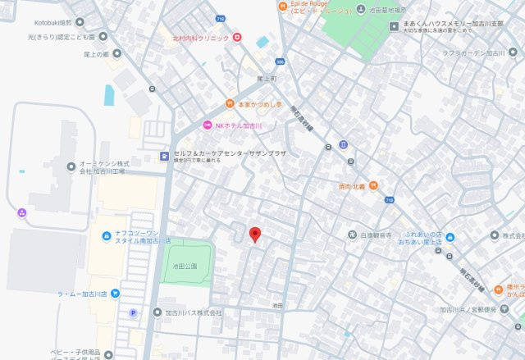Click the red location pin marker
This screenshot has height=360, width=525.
tap(255, 234)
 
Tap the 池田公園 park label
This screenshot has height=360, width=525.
tap(185, 266)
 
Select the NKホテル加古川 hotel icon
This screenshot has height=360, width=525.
tap(208, 125)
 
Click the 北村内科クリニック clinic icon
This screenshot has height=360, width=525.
tap(236, 37)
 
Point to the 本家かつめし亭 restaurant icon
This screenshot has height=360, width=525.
tap(230, 104)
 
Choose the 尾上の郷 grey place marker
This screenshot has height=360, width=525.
tap(116, 54)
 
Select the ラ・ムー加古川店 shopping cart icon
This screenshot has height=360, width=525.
tap(116, 293)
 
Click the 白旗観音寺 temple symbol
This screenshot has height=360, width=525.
tap(352, 235)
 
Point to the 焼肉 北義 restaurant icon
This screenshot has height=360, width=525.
tap(373, 185)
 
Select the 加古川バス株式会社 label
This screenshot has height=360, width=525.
tap(194, 312)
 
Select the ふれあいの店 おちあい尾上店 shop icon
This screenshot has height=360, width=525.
tap(450, 237)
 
